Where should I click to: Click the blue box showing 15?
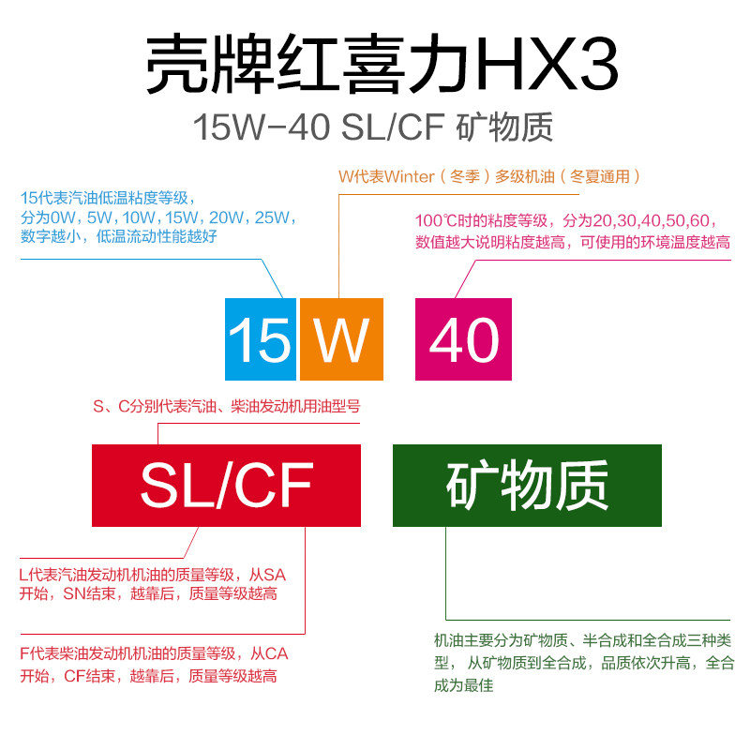pyautogui.click(x=260, y=338)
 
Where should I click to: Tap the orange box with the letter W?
pyautogui.click(x=341, y=338)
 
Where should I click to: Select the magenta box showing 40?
pyautogui.click(x=463, y=338)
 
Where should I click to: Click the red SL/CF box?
pyautogui.click(x=226, y=486)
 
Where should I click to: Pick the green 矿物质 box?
pyautogui.click(x=527, y=486)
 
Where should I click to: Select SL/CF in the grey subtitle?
pyautogui.click(x=393, y=127)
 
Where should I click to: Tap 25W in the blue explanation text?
pyautogui.click(x=274, y=217)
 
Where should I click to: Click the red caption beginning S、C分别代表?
pyautogui.click(x=226, y=407)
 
